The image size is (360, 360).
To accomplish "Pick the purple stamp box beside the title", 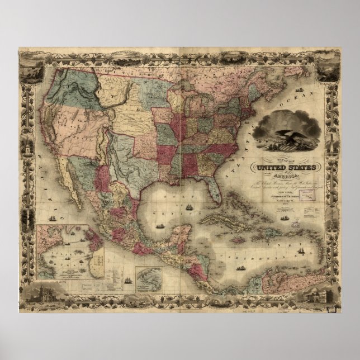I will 306,193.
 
